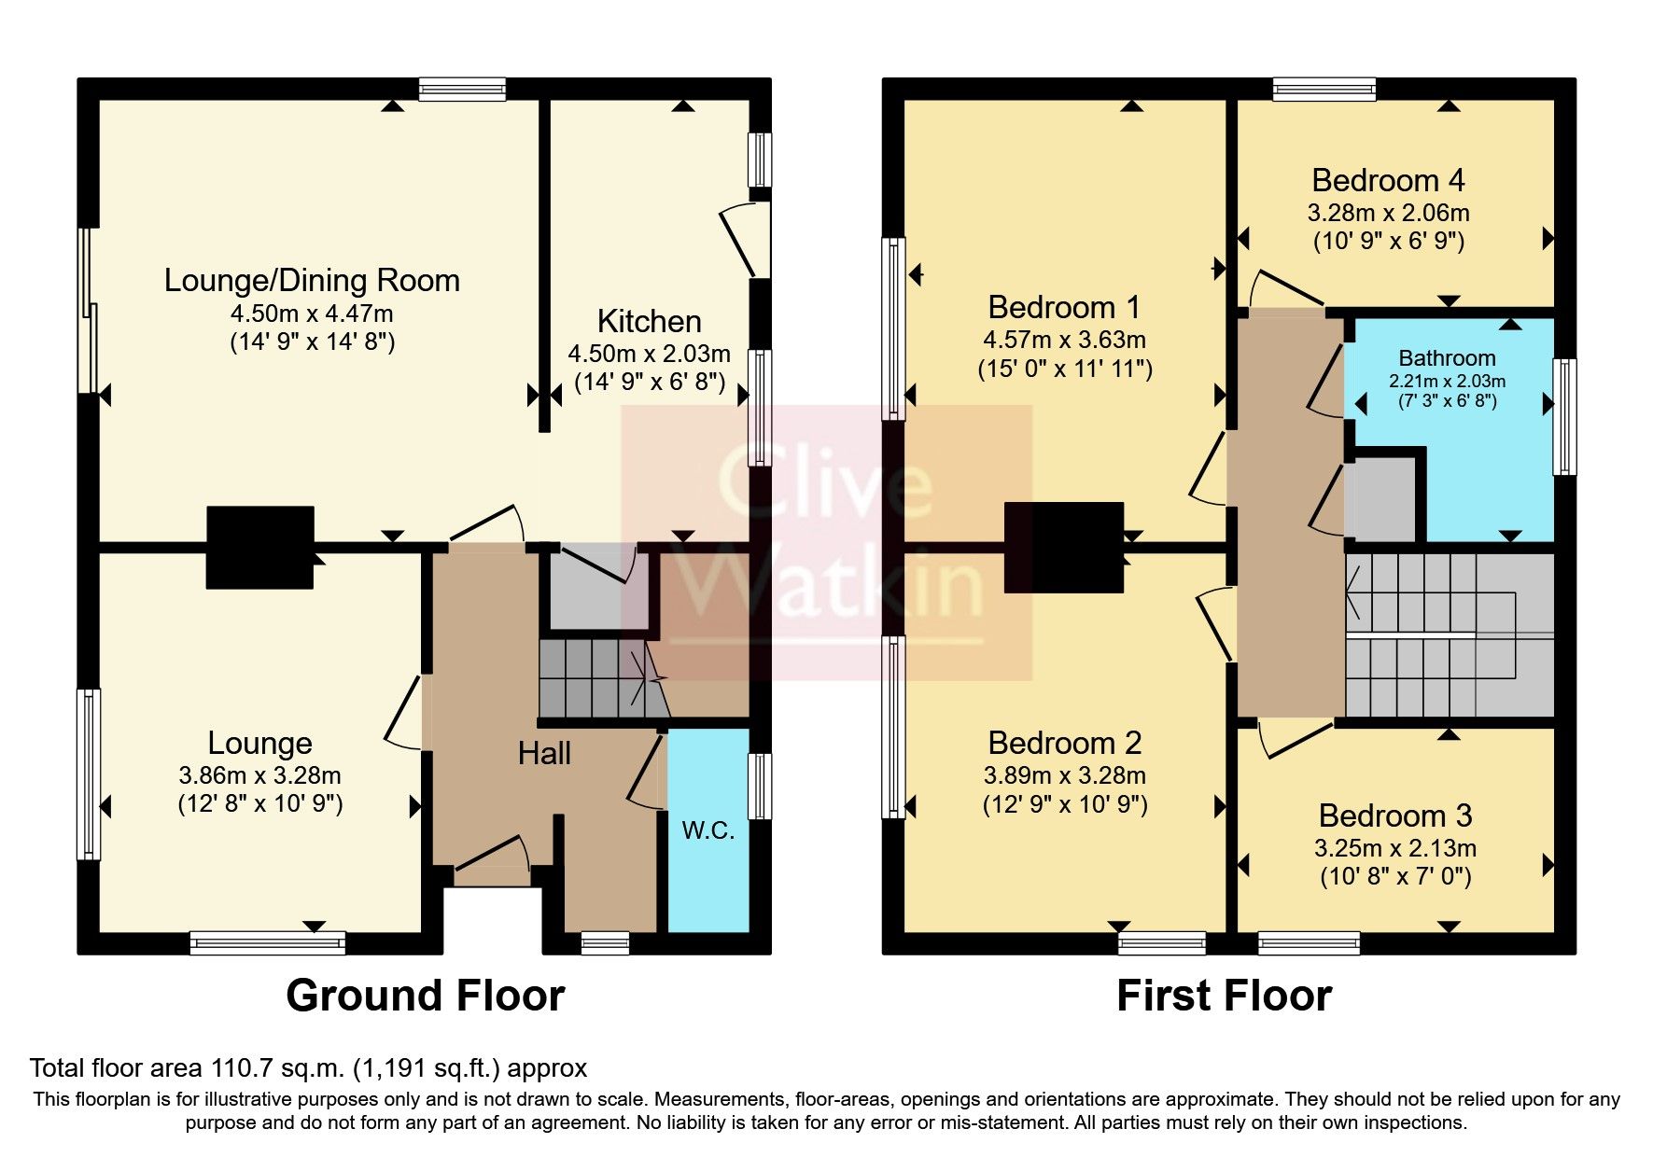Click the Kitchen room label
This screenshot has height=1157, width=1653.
pos(649,321)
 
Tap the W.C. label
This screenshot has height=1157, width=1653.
pos(708,830)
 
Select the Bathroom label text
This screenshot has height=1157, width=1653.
pos(1447,358)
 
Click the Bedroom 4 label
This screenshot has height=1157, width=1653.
pos(1388,180)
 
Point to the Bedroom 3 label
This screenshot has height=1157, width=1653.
pos(1394,815)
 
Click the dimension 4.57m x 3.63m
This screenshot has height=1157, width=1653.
pos(1064,340)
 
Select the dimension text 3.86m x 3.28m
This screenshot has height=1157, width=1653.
pos(259,775)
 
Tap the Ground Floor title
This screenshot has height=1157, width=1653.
pos(425,996)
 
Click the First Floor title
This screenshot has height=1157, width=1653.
pos(1224,996)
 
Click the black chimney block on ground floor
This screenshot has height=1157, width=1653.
pos(259,547)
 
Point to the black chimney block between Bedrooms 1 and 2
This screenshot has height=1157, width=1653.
pos(1063,547)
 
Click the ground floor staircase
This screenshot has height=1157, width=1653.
pos(597,678)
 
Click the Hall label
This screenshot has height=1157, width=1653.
pos(544,753)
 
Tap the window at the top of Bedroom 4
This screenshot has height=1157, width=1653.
pos(1324,90)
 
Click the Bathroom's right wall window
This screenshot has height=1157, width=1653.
pos(1564,416)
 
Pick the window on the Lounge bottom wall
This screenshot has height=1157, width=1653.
pos(267,942)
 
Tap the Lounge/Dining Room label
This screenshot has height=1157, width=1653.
pos(312,280)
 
